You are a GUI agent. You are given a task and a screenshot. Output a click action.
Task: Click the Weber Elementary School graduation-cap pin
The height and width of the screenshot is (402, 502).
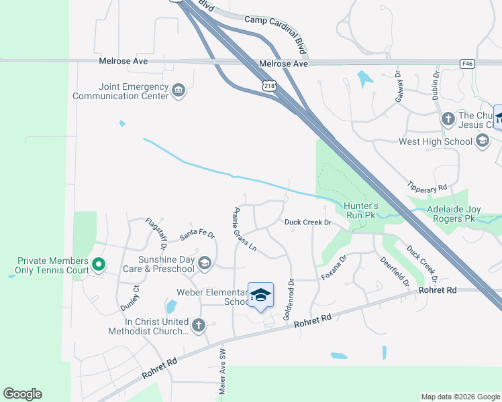260,295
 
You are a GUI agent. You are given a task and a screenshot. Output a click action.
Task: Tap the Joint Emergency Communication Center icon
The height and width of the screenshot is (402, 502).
179,90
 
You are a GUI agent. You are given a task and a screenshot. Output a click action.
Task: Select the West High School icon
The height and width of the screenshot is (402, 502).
483,141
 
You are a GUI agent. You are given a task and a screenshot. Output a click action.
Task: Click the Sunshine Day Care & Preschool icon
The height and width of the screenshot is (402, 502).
205,264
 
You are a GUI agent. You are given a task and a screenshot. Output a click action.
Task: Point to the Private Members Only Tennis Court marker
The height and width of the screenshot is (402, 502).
98,265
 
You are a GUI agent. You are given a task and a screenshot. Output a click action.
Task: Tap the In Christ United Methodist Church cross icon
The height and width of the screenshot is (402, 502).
198,326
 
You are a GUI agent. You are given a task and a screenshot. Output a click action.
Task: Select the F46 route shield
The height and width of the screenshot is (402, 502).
468,64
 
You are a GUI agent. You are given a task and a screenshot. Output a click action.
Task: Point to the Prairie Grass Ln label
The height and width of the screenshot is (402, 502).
244,228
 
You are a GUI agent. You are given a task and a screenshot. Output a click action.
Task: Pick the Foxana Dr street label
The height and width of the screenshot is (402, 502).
334,267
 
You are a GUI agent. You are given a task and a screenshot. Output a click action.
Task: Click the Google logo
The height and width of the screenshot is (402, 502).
22,394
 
